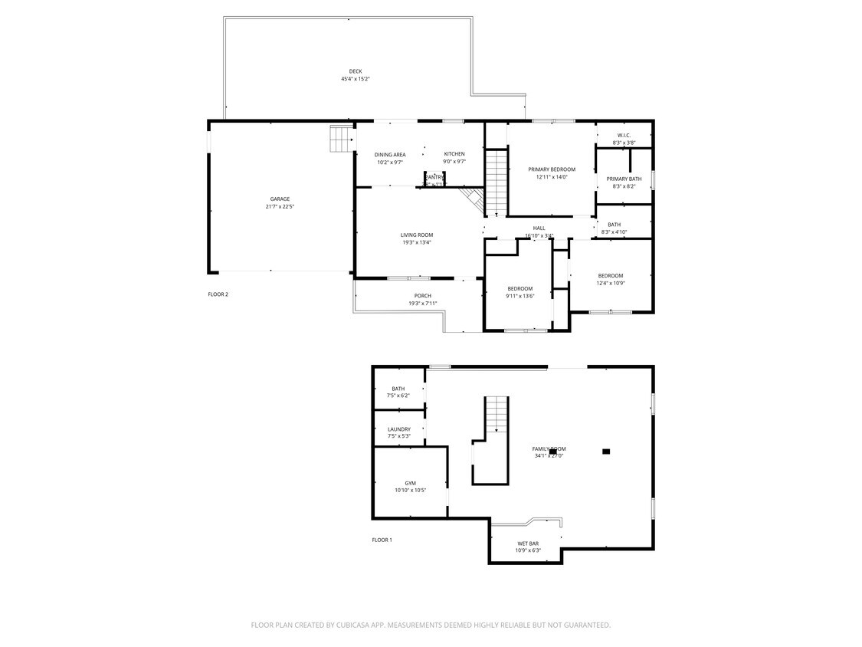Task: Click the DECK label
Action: pyautogui.click(x=356, y=71)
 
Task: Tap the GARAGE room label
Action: pyautogui.click(x=279, y=199)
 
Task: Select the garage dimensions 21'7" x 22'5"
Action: pyautogui.click(x=279, y=207)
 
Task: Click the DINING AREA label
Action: pyautogui.click(x=390, y=155)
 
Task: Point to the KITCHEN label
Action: pyautogui.click(x=454, y=154)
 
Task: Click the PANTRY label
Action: pyautogui.click(x=434, y=177)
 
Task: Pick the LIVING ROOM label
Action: pyautogui.click(x=417, y=235)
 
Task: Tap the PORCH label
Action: pyautogui.click(x=422, y=296)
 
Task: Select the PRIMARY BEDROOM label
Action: pyautogui.click(x=551, y=169)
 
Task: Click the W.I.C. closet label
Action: pyautogui.click(x=624, y=136)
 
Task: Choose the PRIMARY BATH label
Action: pyautogui.click(x=624, y=179)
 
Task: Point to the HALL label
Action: pyautogui.click(x=539, y=228)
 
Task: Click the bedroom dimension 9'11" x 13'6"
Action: pyautogui.click(x=519, y=297)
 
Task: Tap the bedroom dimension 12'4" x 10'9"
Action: pyautogui.click(x=611, y=284)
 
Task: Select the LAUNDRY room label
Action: pyautogui.click(x=398, y=429)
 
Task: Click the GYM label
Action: pyautogui.click(x=410, y=483)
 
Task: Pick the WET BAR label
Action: pyautogui.click(x=528, y=544)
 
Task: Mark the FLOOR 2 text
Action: pyautogui.click(x=218, y=294)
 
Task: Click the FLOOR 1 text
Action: pyautogui.click(x=382, y=540)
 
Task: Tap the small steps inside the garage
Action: pyautogui.click(x=340, y=139)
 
